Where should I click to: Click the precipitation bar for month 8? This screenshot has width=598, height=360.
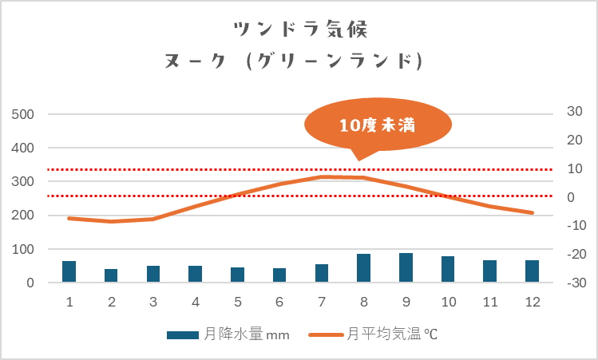363,268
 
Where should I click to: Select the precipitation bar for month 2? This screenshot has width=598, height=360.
111,275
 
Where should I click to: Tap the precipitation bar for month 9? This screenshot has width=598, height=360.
406,267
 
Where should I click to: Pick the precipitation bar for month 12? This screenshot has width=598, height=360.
532,271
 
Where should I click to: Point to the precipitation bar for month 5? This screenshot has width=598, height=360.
237,275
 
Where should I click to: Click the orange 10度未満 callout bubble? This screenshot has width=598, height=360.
378,125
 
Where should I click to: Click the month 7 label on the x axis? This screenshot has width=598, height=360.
322,302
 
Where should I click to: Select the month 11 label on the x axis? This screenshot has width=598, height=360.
489,302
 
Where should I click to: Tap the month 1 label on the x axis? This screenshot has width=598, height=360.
69,302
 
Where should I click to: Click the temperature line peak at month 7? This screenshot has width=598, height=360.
322,176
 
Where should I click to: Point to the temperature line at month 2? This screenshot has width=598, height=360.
111,221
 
